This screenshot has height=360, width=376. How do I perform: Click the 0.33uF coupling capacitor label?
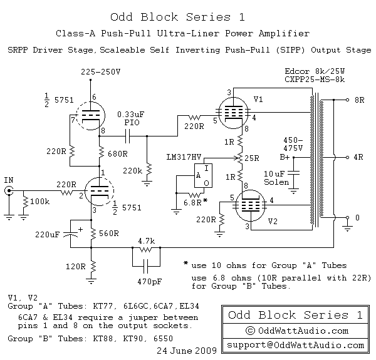(132, 115)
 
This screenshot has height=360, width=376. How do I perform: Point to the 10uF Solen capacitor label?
(276, 177)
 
